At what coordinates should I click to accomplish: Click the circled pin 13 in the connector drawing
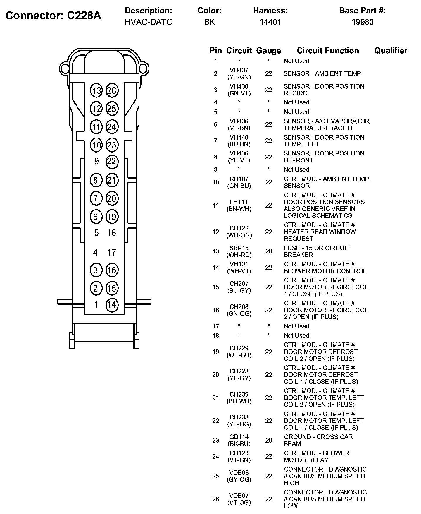click(x=96, y=91)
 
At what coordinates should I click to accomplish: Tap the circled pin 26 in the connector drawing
click(x=112, y=91)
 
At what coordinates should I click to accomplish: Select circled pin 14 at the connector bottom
click(x=112, y=305)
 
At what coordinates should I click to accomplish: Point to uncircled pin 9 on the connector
click(x=96, y=161)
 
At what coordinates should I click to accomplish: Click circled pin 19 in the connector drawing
click(x=112, y=217)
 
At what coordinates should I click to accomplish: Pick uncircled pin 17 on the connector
click(x=112, y=252)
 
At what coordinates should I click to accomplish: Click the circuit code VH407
click(x=239, y=70)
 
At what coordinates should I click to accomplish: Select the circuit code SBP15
click(x=239, y=248)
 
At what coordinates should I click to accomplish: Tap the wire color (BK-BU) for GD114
click(x=239, y=444)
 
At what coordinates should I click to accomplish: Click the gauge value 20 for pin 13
click(x=268, y=251)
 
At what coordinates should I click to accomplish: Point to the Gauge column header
click(x=268, y=51)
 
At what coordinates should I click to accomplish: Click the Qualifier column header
click(x=391, y=51)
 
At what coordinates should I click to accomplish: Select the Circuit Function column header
click(x=328, y=51)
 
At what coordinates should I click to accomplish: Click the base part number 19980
click(x=363, y=22)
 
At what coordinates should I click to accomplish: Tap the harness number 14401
click(x=270, y=22)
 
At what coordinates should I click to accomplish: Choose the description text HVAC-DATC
click(x=149, y=22)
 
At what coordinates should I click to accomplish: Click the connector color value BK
click(x=209, y=22)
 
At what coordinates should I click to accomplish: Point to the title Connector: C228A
click(x=53, y=16)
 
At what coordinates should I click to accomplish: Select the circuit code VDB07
click(x=239, y=496)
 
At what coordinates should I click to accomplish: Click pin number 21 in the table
click(x=215, y=398)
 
